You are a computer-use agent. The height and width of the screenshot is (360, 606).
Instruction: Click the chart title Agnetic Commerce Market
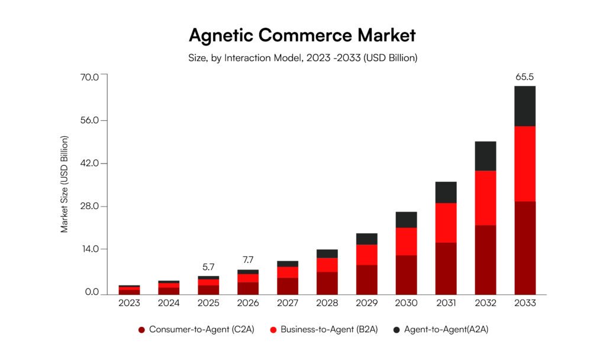pos(302,36)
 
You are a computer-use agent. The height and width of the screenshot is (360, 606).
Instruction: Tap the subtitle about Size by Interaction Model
pos(302,58)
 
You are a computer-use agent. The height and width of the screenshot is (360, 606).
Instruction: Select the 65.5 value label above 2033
pos(525,77)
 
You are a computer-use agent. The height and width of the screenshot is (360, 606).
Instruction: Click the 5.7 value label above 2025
pos(208,267)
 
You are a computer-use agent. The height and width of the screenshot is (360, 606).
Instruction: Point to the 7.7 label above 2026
pos(248,261)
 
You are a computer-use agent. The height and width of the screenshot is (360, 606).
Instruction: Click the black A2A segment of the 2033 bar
pos(525,106)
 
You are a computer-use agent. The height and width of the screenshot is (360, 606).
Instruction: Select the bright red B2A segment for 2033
pos(525,163)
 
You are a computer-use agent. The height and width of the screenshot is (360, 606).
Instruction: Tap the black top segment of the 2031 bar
pos(446,192)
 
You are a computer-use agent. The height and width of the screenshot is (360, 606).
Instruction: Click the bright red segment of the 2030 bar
pos(406,241)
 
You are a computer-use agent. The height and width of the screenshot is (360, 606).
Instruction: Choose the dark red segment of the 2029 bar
pos(366,279)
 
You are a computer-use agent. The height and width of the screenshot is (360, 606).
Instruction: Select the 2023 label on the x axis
pos(129,303)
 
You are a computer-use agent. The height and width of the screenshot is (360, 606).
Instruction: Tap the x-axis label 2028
pos(327,303)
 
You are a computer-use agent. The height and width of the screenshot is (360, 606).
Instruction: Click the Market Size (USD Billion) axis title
pos(65,184)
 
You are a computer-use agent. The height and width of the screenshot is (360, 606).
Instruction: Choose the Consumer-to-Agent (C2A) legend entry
pos(196,329)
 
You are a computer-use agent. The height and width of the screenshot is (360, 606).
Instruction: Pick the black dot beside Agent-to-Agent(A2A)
pos(395,329)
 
